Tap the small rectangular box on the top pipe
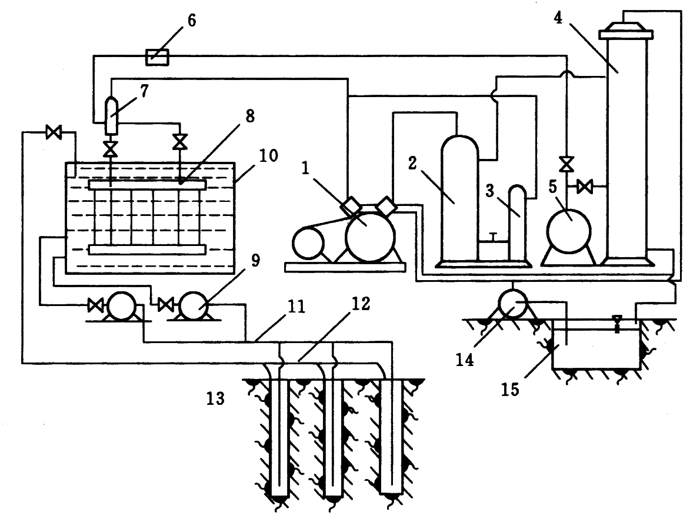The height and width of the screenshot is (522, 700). (157, 56)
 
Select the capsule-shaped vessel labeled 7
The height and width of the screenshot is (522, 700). (110, 111)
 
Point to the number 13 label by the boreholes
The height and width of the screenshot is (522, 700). (215, 399)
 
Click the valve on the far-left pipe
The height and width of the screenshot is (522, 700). (54, 134)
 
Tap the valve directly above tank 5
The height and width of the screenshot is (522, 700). (566, 162)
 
